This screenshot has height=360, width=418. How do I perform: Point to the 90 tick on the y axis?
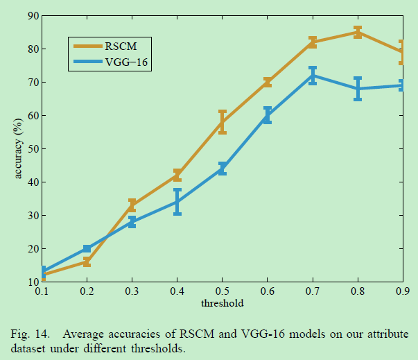[32, 15]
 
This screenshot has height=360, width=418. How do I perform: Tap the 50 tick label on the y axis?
[32, 148]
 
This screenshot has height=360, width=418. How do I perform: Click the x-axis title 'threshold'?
[222, 304]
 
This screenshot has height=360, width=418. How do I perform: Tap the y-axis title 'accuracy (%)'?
[19, 148]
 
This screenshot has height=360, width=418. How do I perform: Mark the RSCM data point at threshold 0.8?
[358, 32]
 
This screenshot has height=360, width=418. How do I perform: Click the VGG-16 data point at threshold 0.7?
[313, 75]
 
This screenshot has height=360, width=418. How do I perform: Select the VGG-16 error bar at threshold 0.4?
[177, 202]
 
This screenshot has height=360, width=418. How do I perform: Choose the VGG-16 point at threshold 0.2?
[87, 248]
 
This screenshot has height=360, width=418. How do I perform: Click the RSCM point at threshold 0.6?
[268, 82]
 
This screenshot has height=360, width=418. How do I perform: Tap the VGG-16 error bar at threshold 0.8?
[358, 89]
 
